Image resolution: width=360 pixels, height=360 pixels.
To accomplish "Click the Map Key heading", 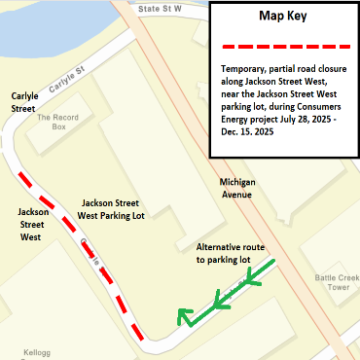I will [282, 17].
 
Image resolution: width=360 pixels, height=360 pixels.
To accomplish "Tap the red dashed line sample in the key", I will [282, 46].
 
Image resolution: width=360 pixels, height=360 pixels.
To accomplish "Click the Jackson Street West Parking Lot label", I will [113, 209].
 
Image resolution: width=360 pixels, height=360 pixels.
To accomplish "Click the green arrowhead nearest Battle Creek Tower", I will [255, 277].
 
